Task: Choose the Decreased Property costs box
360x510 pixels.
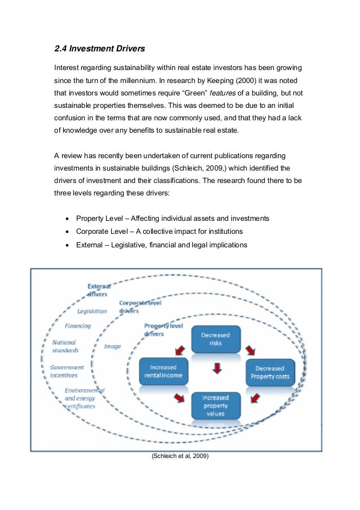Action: coord(270,372)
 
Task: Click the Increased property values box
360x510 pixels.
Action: coord(215,405)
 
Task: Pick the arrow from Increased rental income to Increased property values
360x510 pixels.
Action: coord(180,398)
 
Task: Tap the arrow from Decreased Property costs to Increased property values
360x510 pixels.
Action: coord(253,398)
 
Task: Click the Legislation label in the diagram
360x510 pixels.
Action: coord(92,311)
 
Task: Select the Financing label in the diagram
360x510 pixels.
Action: coord(78,326)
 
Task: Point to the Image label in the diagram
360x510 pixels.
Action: coord(112,346)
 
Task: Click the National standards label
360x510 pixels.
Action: coord(65,346)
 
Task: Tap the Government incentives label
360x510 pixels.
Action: coord(67,371)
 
